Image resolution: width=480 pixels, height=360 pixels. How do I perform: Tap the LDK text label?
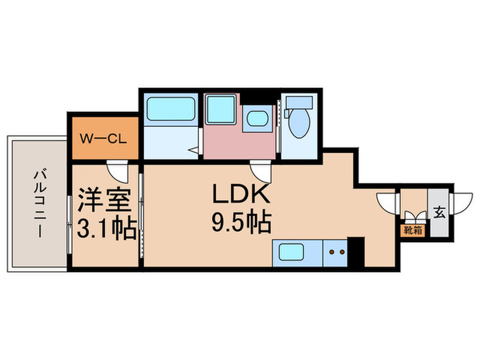point(242,195)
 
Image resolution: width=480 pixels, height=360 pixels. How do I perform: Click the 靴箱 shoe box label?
point(412,230)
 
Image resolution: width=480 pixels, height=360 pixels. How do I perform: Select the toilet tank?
point(298,104)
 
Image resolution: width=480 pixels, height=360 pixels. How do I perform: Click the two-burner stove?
point(336,253)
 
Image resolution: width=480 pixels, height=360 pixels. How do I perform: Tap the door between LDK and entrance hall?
point(389,203)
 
